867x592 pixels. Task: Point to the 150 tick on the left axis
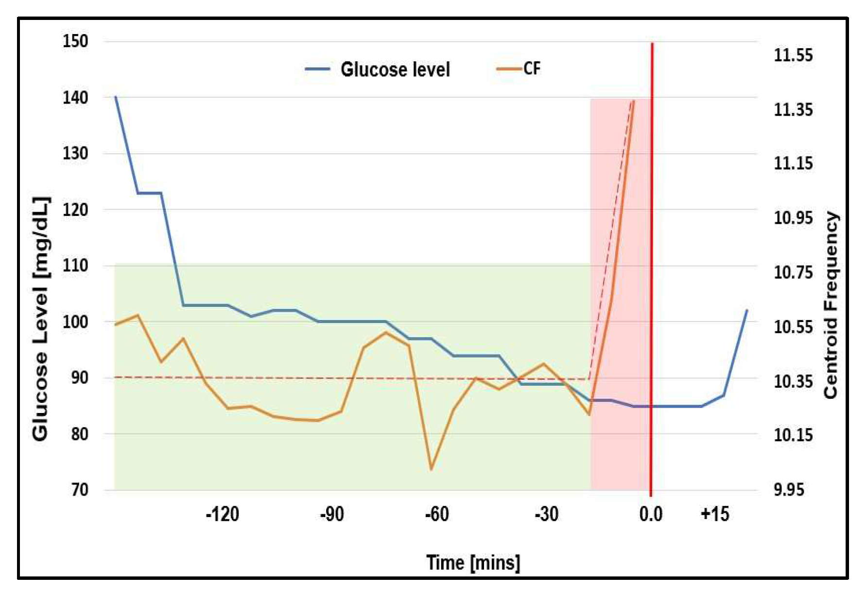pyautogui.click(x=75, y=41)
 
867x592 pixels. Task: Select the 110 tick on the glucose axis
pyautogui.click(x=75, y=266)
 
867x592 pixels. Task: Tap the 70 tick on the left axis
pyautogui.click(x=80, y=489)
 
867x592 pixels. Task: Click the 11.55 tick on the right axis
pyautogui.click(x=793, y=55)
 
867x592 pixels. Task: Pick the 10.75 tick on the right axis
pyautogui.click(x=793, y=272)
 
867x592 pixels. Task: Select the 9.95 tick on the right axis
pyautogui.click(x=788, y=489)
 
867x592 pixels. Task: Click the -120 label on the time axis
pyautogui.click(x=222, y=514)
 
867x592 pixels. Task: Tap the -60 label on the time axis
pyautogui.click(x=436, y=514)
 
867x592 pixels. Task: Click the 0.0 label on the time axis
pyautogui.click(x=651, y=514)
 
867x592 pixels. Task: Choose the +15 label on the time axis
pyautogui.click(x=714, y=514)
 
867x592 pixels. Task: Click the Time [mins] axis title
pyautogui.click(x=473, y=563)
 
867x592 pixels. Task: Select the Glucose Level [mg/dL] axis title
pyautogui.click(x=41, y=319)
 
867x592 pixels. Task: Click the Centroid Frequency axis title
pyautogui.click(x=831, y=305)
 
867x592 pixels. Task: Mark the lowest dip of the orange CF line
pyautogui.click(x=431, y=469)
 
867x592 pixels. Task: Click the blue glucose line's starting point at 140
pyautogui.click(x=116, y=97)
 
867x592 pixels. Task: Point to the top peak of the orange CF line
pyautogui.click(x=633, y=101)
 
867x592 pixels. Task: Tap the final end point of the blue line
pyautogui.click(x=747, y=310)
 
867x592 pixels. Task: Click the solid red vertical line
pyautogui.click(x=652, y=243)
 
